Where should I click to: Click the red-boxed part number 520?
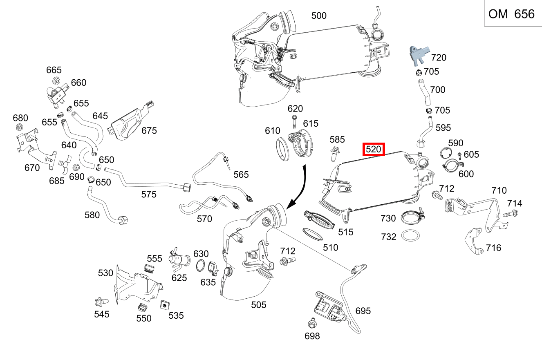pos(374,150)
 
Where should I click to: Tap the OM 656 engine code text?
pos(511,14)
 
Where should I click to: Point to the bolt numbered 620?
pos(295,121)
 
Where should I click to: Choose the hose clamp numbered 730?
pos(411,216)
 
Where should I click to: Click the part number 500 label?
pos(319,16)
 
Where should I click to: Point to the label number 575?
pos(149,195)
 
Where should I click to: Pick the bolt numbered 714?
pos(510,213)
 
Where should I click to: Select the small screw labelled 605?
pos(459,155)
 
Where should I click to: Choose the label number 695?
pos(363,311)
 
